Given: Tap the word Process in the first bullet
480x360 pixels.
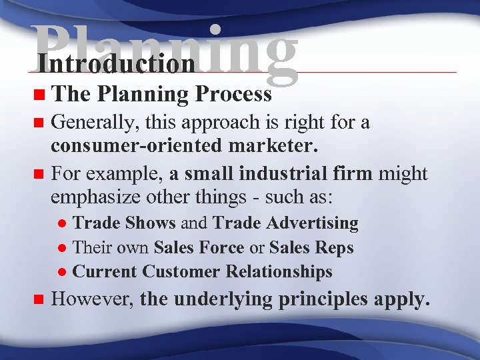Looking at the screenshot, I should (233, 95).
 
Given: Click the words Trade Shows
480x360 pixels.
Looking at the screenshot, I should (123, 223).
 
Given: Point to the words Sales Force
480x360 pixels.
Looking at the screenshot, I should (198, 247).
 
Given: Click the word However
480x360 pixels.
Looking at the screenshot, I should (93, 299).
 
